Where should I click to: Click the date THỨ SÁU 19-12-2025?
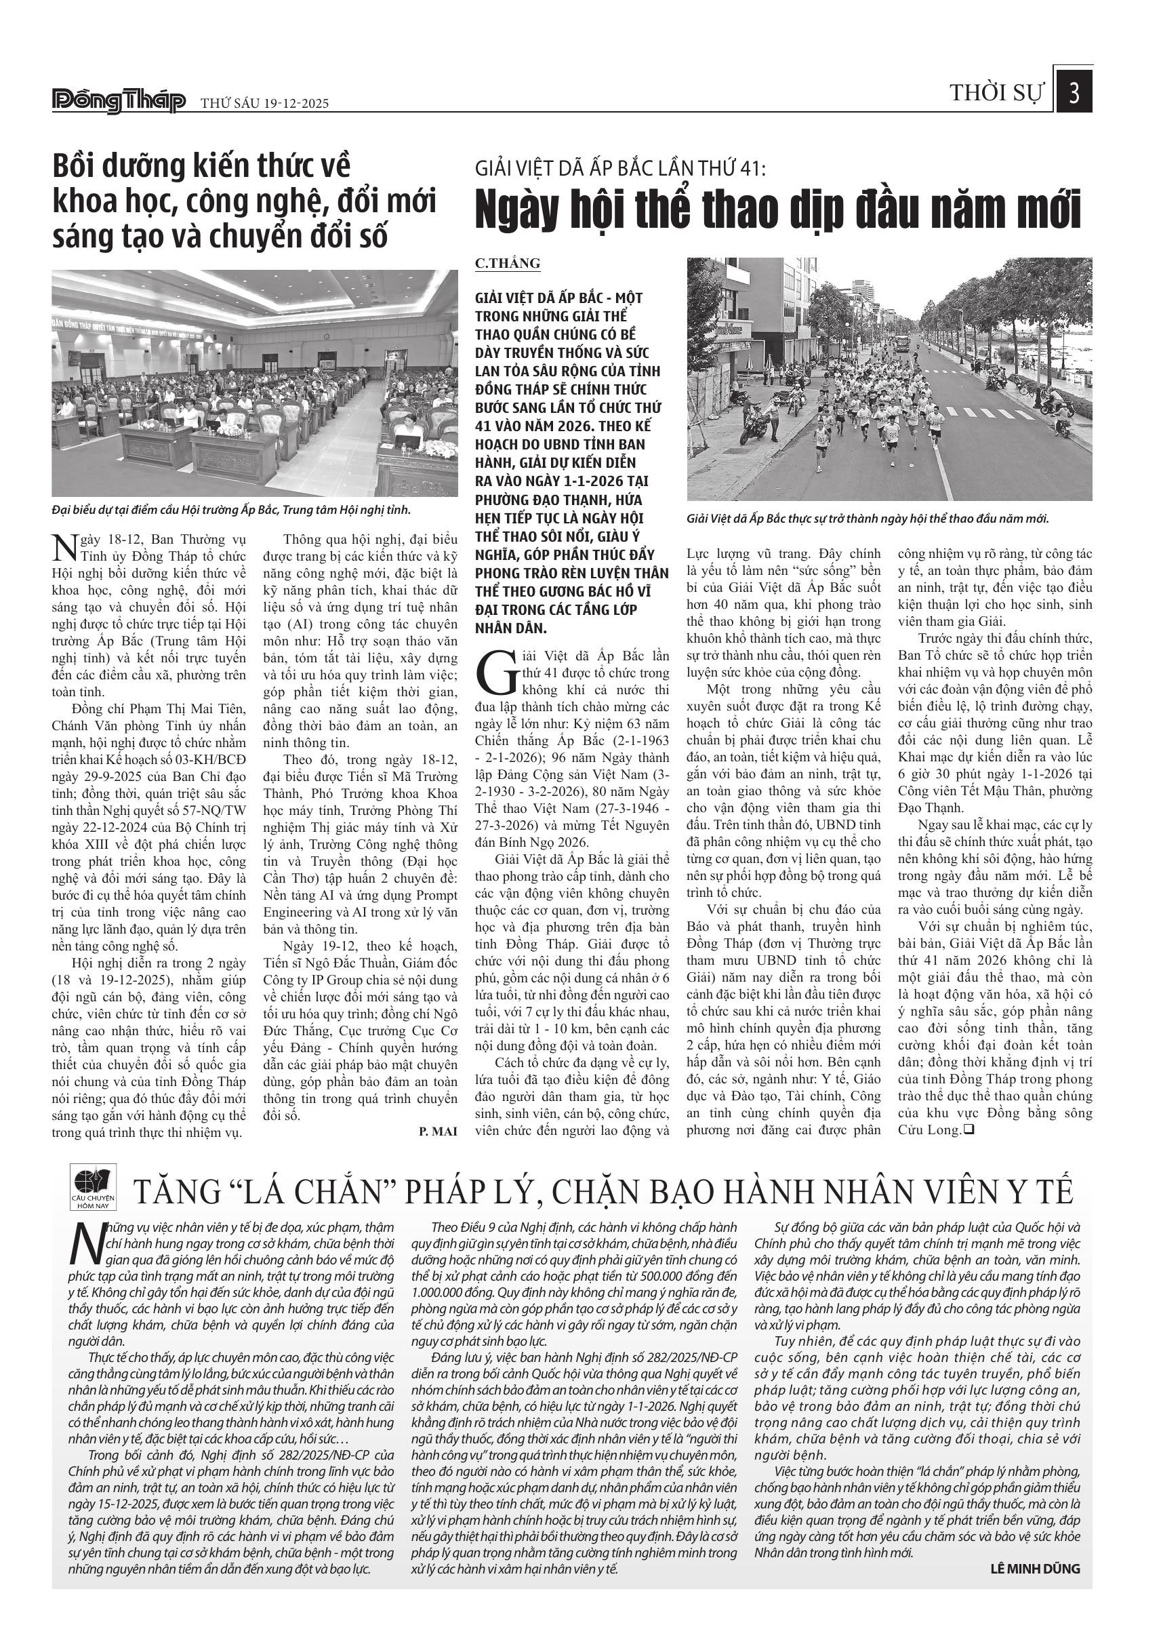[x=264, y=103]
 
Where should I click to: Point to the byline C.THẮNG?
[x=507, y=263]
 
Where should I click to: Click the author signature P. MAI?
[x=438, y=1131]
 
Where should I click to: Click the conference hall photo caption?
[x=231, y=510]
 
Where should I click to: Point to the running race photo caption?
[x=867, y=519]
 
